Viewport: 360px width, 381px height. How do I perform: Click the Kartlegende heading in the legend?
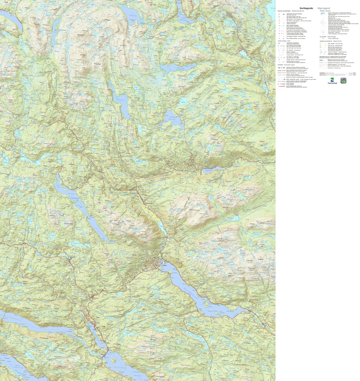pos(306,8)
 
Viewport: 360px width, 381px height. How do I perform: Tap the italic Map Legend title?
pos(324,8)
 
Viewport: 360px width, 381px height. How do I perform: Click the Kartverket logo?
pos(332,81)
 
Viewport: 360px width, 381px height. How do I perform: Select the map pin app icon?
pos(344,80)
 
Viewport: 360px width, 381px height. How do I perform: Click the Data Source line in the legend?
pos(333,75)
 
